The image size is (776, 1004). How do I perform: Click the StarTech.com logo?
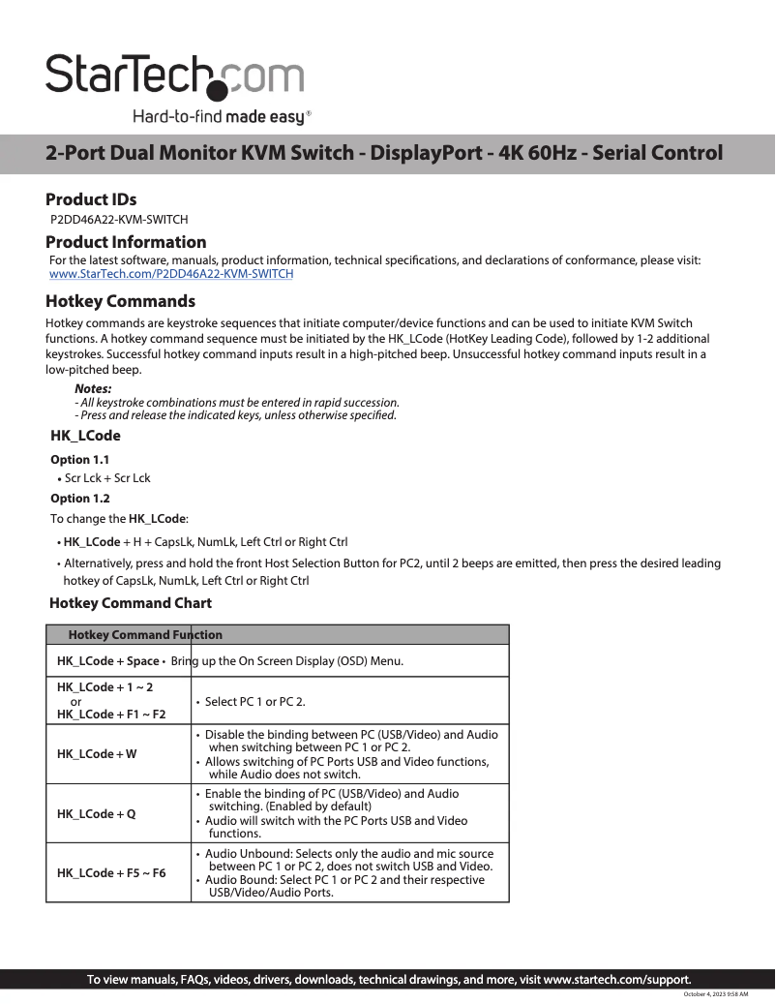coord(174,75)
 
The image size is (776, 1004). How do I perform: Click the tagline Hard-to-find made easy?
coord(222,118)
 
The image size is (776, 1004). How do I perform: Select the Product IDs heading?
coord(91,199)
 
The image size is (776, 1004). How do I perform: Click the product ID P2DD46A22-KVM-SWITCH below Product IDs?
coord(118,220)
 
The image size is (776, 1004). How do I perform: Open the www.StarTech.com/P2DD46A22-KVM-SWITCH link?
coord(170,274)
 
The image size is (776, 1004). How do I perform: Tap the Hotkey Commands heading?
coord(120,301)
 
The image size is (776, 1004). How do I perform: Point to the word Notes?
coord(93,389)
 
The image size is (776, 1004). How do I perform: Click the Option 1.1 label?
coord(79,460)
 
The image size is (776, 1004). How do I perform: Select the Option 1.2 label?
coord(79,499)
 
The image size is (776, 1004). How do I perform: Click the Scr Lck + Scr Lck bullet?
coord(106,478)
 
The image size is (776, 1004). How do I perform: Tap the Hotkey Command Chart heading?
coord(131,603)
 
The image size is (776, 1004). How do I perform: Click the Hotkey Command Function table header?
coord(145,635)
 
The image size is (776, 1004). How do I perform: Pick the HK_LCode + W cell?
coord(97,754)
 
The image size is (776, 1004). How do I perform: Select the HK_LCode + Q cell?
coord(96,814)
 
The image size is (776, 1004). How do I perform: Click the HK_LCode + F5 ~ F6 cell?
coord(110,873)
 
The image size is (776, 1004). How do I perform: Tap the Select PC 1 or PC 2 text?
coord(254,701)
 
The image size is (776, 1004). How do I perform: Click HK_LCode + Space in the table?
coord(107,661)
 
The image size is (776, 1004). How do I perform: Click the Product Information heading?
coord(126,242)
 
